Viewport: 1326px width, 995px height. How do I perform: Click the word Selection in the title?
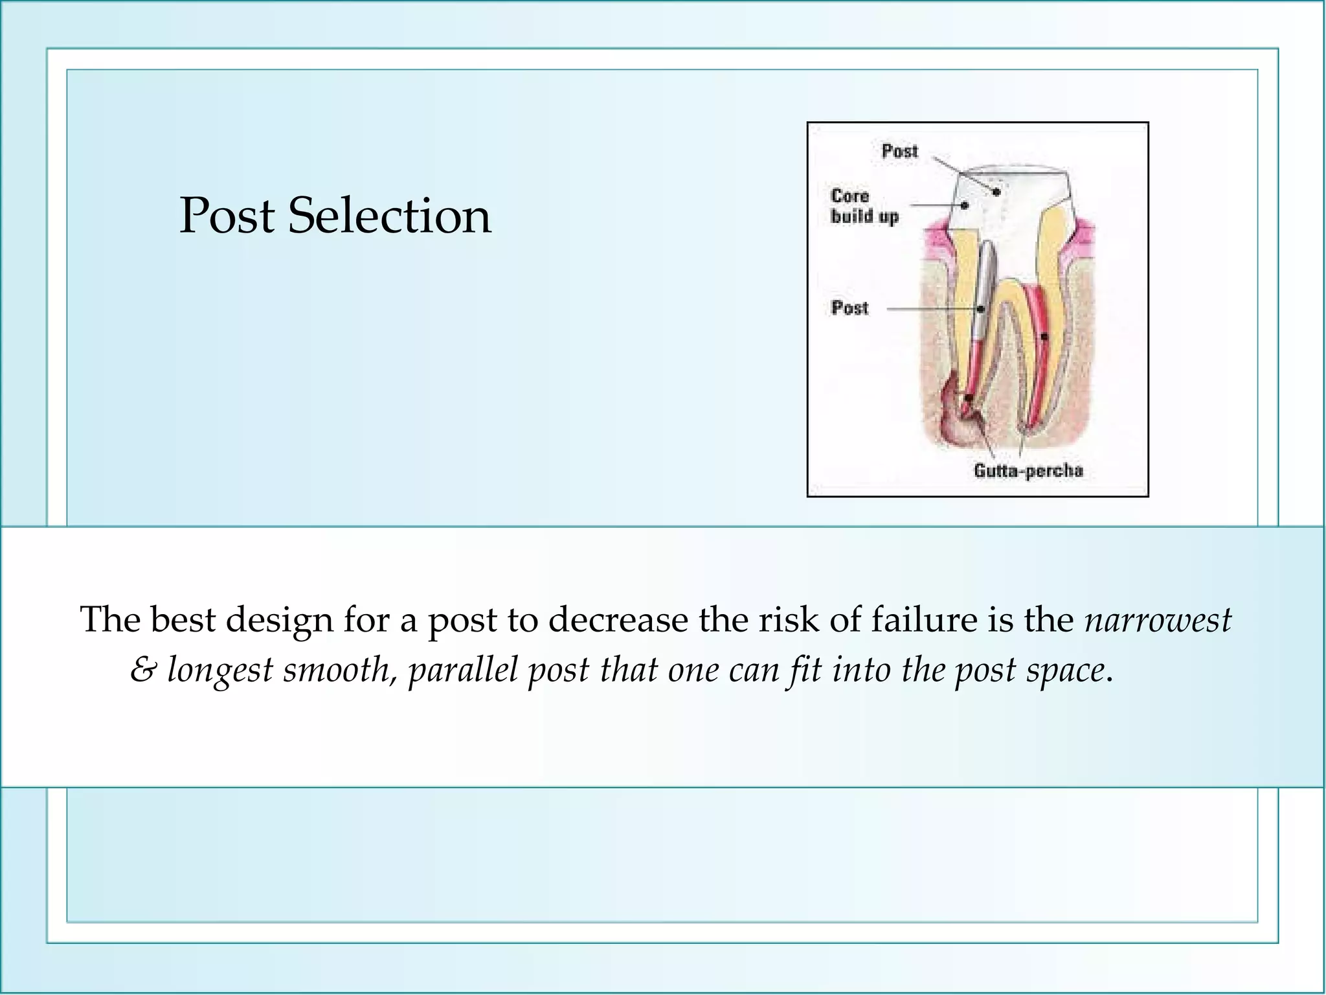389,216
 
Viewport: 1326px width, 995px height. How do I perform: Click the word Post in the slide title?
227,216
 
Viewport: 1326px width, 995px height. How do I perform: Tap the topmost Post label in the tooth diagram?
899,152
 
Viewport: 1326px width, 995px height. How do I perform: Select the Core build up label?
864,206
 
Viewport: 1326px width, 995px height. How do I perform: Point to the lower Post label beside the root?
849,308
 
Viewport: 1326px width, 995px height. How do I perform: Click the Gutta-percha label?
1028,470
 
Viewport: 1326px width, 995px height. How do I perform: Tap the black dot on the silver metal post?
981,310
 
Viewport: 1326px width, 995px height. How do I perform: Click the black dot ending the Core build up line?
965,205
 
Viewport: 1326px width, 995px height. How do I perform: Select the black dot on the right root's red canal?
1044,337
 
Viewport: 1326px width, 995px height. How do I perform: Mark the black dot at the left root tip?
969,398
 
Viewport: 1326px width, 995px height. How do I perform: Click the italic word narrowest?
1158,619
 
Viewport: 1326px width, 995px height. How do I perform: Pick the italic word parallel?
463,670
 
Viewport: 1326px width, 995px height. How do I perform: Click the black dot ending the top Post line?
996,192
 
